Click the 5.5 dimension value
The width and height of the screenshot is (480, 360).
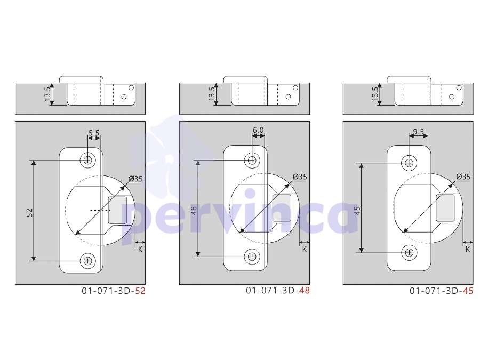coord(94,133)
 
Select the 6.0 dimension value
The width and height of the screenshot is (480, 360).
coord(258,130)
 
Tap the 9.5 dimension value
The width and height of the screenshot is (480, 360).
coord(419,132)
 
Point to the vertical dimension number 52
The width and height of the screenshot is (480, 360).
coord(29,212)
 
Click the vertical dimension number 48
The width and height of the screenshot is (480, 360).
coord(194,211)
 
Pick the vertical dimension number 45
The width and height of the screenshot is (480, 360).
coord(357,211)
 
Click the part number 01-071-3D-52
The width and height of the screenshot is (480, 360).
coord(114,291)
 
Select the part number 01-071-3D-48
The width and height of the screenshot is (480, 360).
coord(278,290)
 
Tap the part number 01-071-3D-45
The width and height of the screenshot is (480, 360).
coord(442,291)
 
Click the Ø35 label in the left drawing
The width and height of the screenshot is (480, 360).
coord(135,179)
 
